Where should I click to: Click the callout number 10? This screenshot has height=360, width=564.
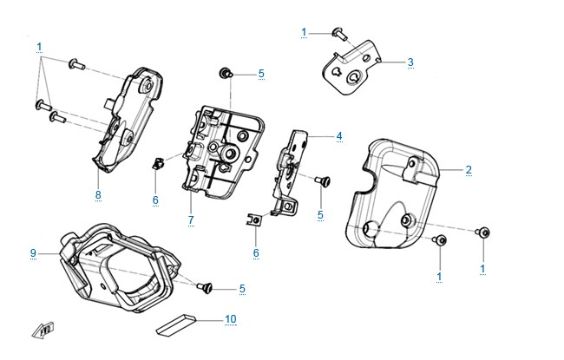click(231, 319)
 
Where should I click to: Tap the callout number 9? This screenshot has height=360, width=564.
click(33, 253)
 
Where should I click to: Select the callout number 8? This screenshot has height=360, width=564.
click(98, 195)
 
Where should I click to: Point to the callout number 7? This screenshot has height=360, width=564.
click(191, 219)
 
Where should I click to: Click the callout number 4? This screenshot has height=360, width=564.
click(339, 136)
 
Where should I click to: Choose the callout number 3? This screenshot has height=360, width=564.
click(410, 62)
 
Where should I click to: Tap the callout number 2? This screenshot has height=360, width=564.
click(469, 170)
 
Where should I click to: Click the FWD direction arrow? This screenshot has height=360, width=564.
click(43, 331)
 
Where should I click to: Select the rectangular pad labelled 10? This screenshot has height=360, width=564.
click(176, 324)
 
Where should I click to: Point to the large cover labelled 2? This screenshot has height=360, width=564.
click(391, 194)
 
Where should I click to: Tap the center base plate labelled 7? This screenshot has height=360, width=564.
click(222, 152)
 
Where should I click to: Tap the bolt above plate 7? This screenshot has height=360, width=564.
click(226, 73)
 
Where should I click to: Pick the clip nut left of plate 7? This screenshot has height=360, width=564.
click(158, 163)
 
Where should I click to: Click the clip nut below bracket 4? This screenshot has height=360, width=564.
click(254, 219)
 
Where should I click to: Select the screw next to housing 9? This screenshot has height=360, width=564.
click(204, 287)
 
